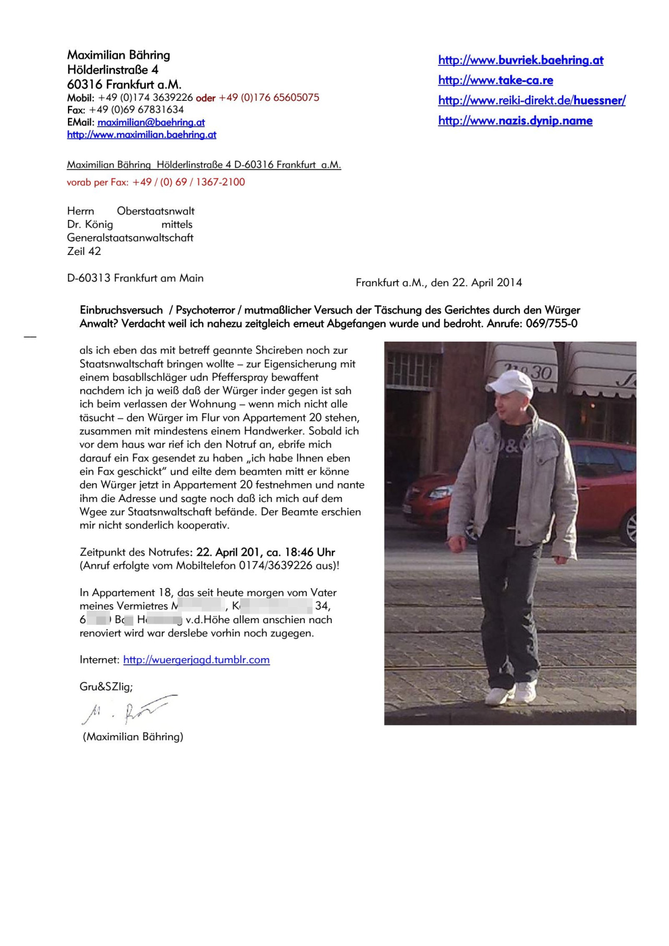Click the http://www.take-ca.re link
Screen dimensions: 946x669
(x=495, y=80)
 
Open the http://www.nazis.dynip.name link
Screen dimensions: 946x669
(x=515, y=121)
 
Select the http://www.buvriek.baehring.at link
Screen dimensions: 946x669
(x=521, y=61)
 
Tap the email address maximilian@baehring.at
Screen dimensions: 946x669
(x=151, y=122)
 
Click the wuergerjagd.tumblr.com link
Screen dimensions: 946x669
(x=197, y=660)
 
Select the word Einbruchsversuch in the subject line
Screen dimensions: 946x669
(x=121, y=310)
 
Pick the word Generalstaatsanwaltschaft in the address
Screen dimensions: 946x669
(x=130, y=238)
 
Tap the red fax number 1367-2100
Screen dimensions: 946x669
(x=220, y=182)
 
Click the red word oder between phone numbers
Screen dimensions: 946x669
(x=205, y=98)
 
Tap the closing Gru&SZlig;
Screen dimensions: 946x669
(x=106, y=686)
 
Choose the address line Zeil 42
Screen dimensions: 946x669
(x=84, y=251)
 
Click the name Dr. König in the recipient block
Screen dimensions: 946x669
(x=90, y=225)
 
